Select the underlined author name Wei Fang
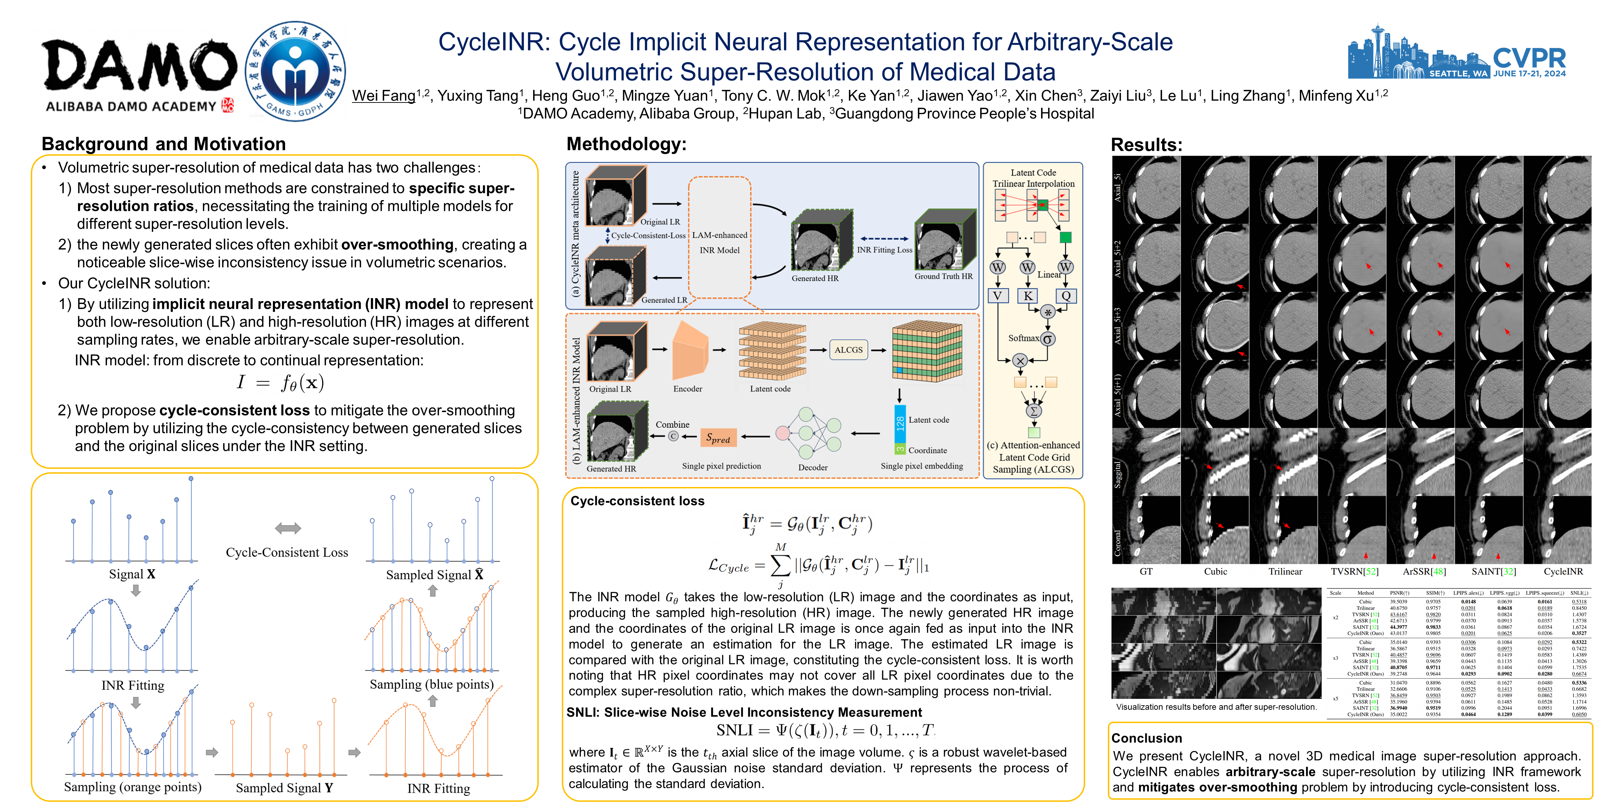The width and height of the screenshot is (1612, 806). pos(383,96)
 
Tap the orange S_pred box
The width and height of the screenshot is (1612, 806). pos(718,438)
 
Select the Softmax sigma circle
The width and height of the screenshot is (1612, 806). pos(1047,339)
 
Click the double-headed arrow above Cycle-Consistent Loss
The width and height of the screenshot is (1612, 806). pos(288,528)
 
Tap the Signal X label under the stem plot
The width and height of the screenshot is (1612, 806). pos(132,574)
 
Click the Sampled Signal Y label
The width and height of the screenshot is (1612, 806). pos(284,788)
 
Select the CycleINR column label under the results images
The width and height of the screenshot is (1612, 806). pos(1563,571)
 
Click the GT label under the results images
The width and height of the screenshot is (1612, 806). pos(1146,571)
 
